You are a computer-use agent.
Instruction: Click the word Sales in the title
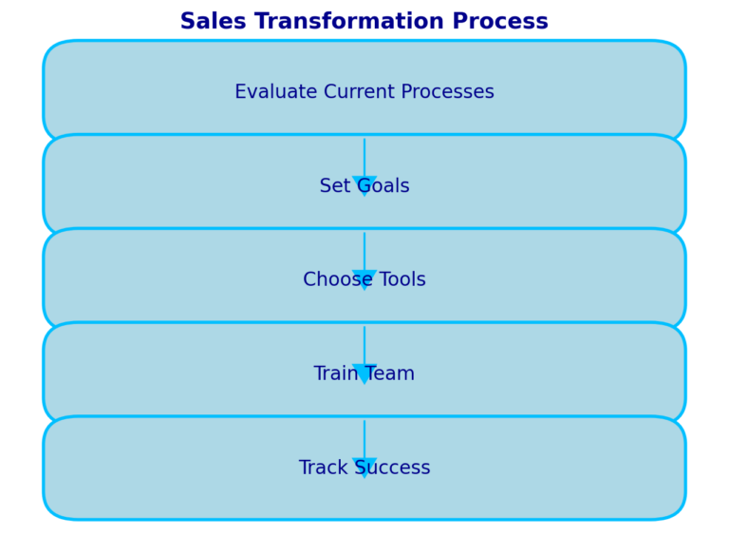(x=213, y=21)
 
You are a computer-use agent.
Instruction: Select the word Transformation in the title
(x=348, y=21)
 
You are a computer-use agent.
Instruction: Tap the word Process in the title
(x=500, y=21)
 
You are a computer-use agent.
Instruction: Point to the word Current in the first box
(x=360, y=91)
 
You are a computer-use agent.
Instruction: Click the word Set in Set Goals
(x=335, y=185)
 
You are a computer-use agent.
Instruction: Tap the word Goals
(x=383, y=185)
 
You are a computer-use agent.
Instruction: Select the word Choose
(x=338, y=279)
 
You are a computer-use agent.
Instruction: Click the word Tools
(x=402, y=279)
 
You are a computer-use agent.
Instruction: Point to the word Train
(x=336, y=373)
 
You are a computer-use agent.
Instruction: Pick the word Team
(x=389, y=373)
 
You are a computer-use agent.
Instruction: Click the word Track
(x=324, y=468)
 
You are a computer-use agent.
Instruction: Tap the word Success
(x=392, y=468)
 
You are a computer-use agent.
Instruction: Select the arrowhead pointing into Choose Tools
(x=364, y=277)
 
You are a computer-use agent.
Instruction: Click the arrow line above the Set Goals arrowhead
(x=364, y=158)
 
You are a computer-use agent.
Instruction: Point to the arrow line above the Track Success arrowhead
(x=364, y=439)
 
